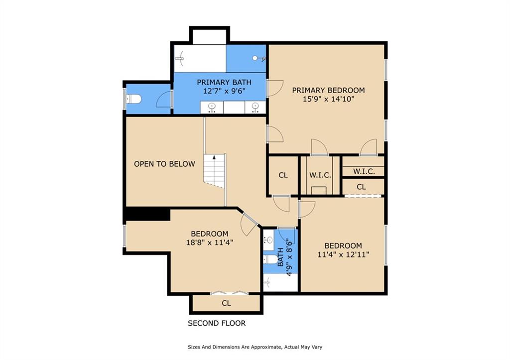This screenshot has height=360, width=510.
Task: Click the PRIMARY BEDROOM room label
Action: [x=328, y=90]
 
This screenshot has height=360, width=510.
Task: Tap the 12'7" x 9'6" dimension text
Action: [x=224, y=91]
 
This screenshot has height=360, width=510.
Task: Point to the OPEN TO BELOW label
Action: [x=164, y=164]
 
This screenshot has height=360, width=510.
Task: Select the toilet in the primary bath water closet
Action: [x=133, y=99]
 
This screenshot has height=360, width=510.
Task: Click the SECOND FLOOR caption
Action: [x=217, y=323]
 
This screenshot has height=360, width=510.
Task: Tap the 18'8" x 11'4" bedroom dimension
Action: [x=210, y=242]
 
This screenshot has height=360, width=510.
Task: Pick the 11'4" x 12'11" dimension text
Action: [x=344, y=254]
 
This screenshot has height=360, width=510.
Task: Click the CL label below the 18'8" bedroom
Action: [x=227, y=303]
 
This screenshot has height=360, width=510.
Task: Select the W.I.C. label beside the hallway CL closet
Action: [x=320, y=175]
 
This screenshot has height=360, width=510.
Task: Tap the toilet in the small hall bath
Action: [x=270, y=259]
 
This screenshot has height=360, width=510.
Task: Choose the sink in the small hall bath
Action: [x=268, y=240]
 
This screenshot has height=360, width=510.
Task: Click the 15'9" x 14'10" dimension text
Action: [x=328, y=99]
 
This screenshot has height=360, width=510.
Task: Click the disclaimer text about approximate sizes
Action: [x=255, y=347]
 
